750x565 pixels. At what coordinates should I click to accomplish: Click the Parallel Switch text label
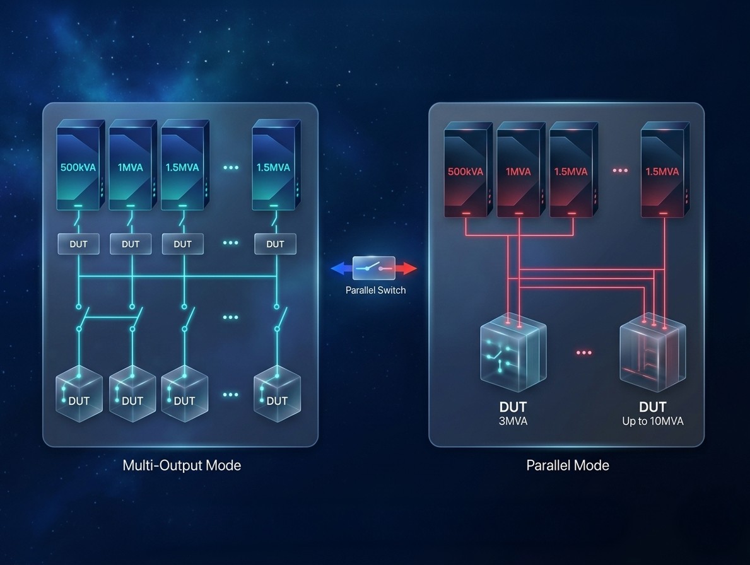click(375, 290)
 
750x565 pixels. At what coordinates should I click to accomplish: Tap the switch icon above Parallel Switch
click(374, 267)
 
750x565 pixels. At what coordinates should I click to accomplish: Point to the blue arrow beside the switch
click(341, 268)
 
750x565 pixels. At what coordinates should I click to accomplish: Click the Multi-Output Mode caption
click(182, 465)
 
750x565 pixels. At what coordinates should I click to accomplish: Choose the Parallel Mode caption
click(568, 465)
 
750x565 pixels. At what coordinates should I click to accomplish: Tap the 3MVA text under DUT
click(513, 421)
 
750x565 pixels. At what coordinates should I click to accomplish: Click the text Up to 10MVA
click(652, 421)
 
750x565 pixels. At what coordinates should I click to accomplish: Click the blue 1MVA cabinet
click(131, 166)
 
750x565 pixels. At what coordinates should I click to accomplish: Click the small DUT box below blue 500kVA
click(78, 244)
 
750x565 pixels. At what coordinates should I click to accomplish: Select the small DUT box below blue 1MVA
click(131, 244)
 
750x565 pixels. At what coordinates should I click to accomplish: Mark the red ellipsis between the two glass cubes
click(584, 352)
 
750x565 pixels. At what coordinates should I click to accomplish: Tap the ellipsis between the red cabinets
click(620, 171)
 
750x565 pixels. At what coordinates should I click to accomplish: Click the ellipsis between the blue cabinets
click(231, 168)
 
